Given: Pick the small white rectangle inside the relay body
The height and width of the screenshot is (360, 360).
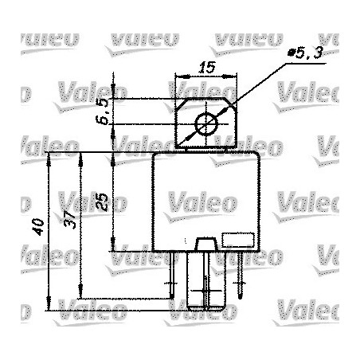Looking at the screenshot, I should pos(237,240).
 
